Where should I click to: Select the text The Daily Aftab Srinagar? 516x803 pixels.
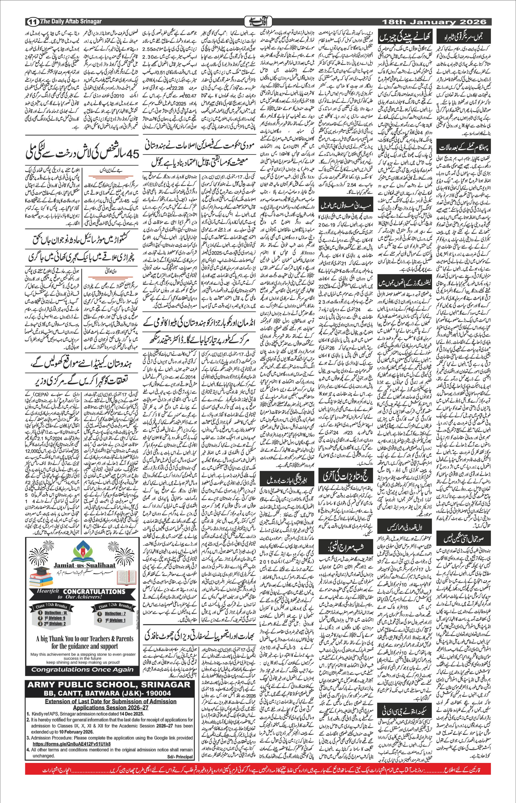pyautogui.click(x=71, y=21)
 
